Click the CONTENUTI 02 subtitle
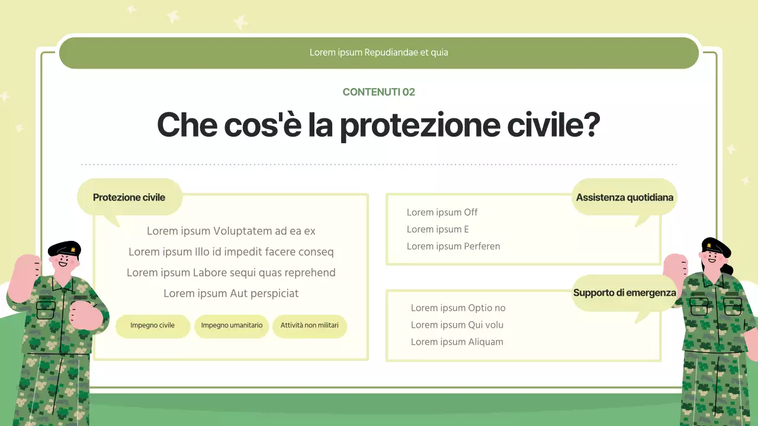pos(378,92)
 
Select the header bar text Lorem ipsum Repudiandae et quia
pos(378,53)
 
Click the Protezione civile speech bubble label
pos(129,197)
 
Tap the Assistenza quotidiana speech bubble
pos(624,197)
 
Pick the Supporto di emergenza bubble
pos(624,293)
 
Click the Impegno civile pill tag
pos(152,325)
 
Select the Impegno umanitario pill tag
pos(232,325)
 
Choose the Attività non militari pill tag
pos(309,325)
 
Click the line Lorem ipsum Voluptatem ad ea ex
pos(231,231)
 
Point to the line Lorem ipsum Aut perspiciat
pos(231,293)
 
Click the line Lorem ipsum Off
pos(442,212)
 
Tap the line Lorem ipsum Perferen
pos(453,246)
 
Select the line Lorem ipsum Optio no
pos(458,308)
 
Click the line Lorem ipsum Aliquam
pos(457,342)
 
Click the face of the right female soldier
pos(711,257)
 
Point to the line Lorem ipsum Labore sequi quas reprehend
pos(231,273)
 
